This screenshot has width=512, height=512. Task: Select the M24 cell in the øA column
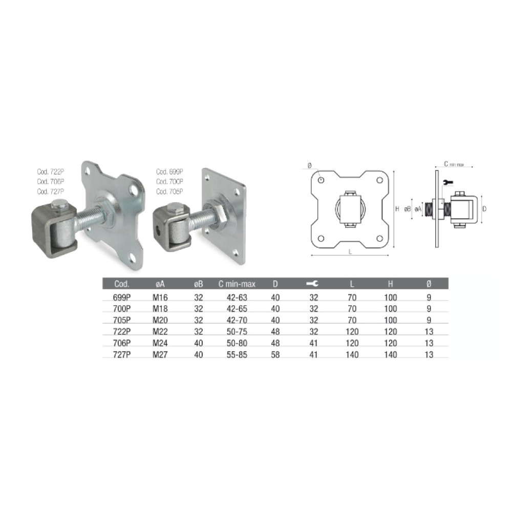coord(160,344)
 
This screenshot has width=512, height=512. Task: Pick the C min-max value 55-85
coord(237,355)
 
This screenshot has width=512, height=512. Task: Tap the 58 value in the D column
coord(275,355)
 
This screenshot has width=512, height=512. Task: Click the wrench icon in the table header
coord(311,284)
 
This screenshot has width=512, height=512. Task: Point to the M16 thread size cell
coord(160,297)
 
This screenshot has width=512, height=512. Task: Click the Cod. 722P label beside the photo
coord(50,173)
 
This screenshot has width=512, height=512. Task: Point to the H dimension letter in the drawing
coord(397,209)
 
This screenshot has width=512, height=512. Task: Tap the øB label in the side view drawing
coord(408,209)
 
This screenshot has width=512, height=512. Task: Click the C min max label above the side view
coord(453,164)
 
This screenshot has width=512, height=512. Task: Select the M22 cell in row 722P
coord(160,332)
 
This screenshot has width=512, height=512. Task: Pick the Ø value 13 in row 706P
coord(429,344)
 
